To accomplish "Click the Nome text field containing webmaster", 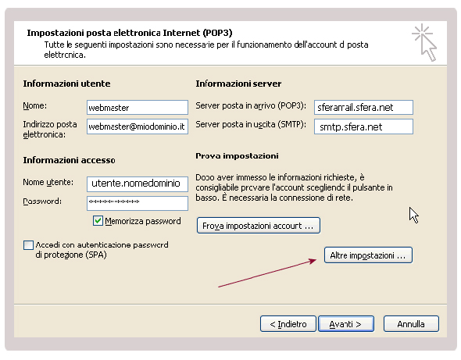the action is click(138, 107).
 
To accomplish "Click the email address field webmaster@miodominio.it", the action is click(138, 127).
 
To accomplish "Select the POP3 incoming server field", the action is click(363, 107).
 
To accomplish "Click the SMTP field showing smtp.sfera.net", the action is click(363, 127).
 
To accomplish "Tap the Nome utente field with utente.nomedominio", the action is click(138, 184).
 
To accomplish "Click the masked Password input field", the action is click(138, 203).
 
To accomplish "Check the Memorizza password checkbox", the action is click(98, 221).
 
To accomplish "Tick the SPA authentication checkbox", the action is click(28, 245).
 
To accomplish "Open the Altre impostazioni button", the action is click(368, 255).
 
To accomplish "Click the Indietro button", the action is click(288, 324).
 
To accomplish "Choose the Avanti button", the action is click(346, 324).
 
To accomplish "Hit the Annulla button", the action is click(411, 324).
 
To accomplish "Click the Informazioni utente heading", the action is click(66, 84).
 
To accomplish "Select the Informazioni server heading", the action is click(238, 84).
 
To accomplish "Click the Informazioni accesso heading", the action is click(69, 160).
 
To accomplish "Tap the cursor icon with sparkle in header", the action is click(424, 42).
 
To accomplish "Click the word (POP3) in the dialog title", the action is click(217, 33).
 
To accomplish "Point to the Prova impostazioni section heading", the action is click(237, 155).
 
